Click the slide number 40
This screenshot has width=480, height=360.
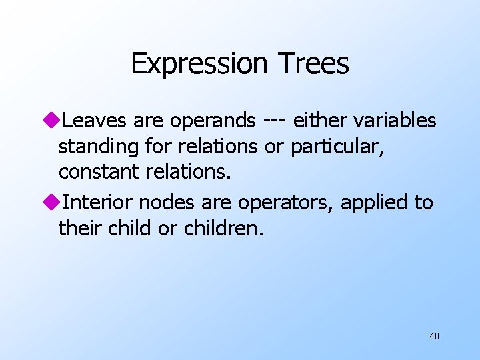pyautogui.click(x=434, y=336)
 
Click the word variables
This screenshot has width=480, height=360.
pyautogui.click(x=399, y=121)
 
